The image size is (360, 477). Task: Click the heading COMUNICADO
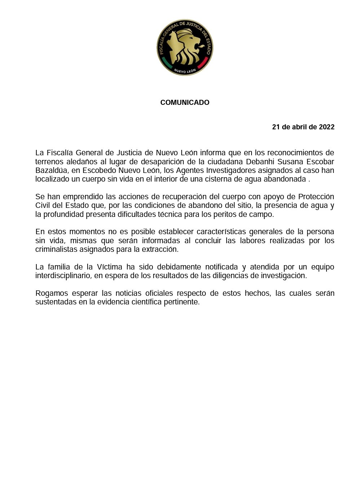click(x=185, y=103)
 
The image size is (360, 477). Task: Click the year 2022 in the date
click(x=326, y=127)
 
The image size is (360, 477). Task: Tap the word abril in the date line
click(x=298, y=127)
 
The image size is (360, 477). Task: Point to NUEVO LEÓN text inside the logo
click(x=185, y=71)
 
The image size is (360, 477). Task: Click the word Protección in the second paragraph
click(x=316, y=197)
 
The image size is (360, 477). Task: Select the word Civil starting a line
click(x=43, y=205)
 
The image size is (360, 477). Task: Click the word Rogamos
click(x=52, y=293)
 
